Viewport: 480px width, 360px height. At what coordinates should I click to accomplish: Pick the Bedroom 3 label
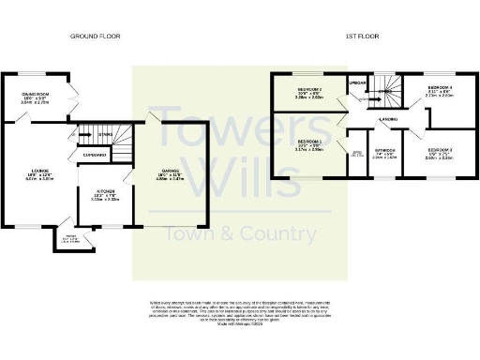pos(440,154)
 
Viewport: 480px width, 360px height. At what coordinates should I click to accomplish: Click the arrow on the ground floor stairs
pos(105,133)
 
